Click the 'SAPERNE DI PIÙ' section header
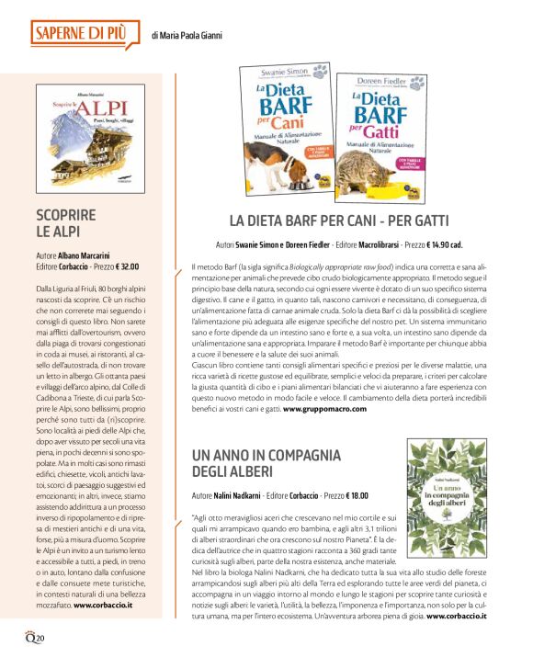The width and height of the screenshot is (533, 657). point(81,34)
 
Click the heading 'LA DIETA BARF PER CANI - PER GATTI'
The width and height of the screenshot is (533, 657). point(338,221)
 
